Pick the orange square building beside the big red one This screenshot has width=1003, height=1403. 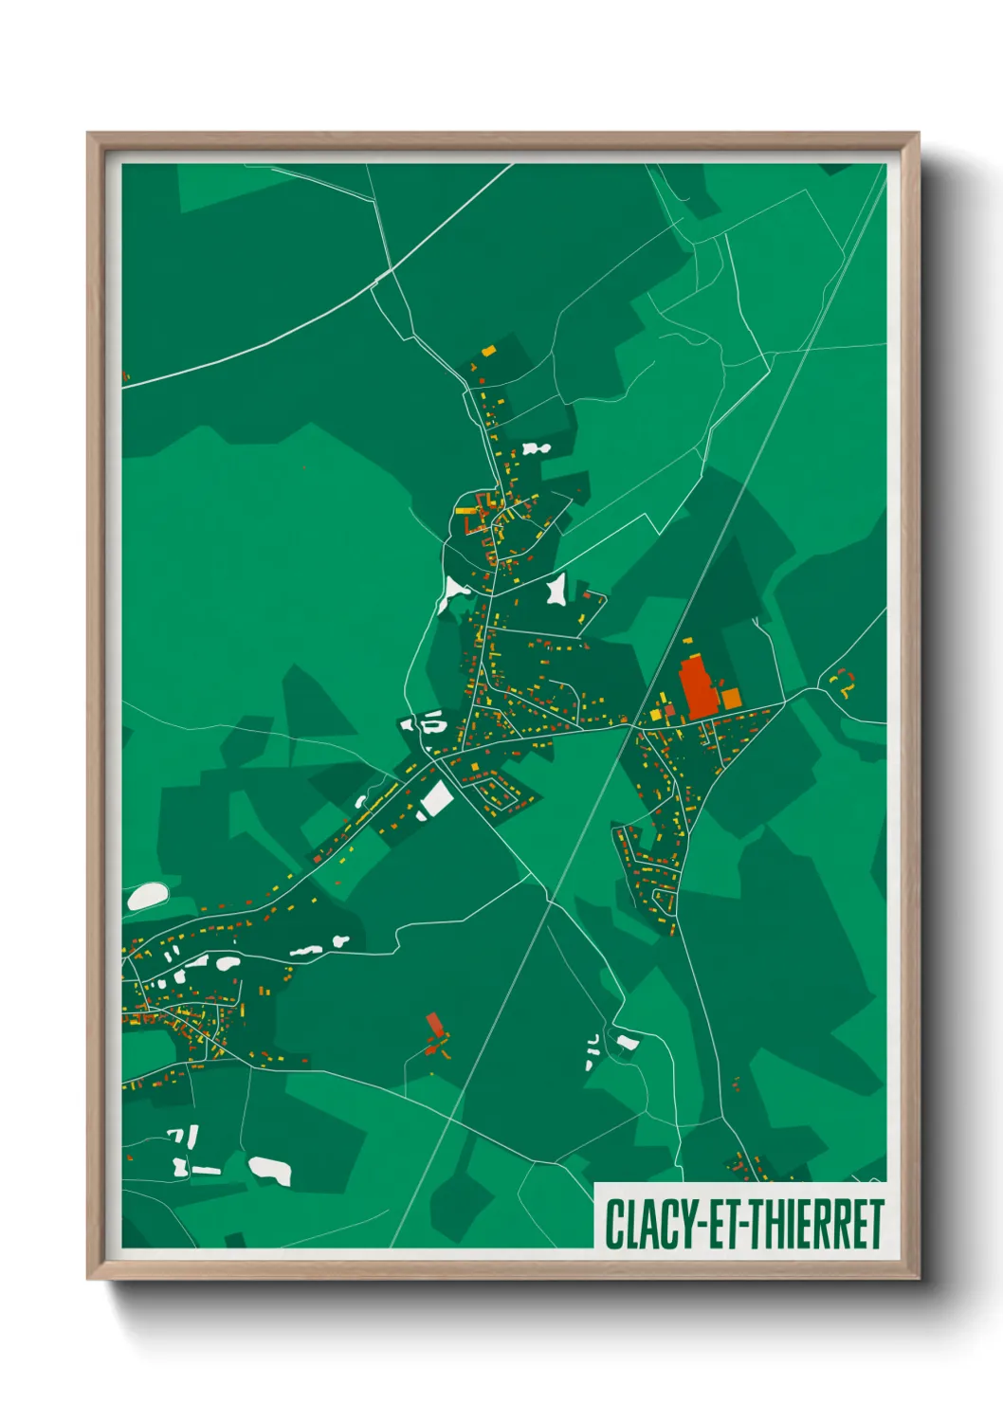coord(731,700)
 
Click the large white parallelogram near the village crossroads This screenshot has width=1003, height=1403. coord(436,798)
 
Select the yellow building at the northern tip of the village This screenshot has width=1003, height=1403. coord(488,351)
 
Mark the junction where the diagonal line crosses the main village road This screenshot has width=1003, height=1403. coord(629,724)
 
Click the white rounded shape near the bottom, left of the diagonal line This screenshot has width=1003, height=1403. coord(269,1170)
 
